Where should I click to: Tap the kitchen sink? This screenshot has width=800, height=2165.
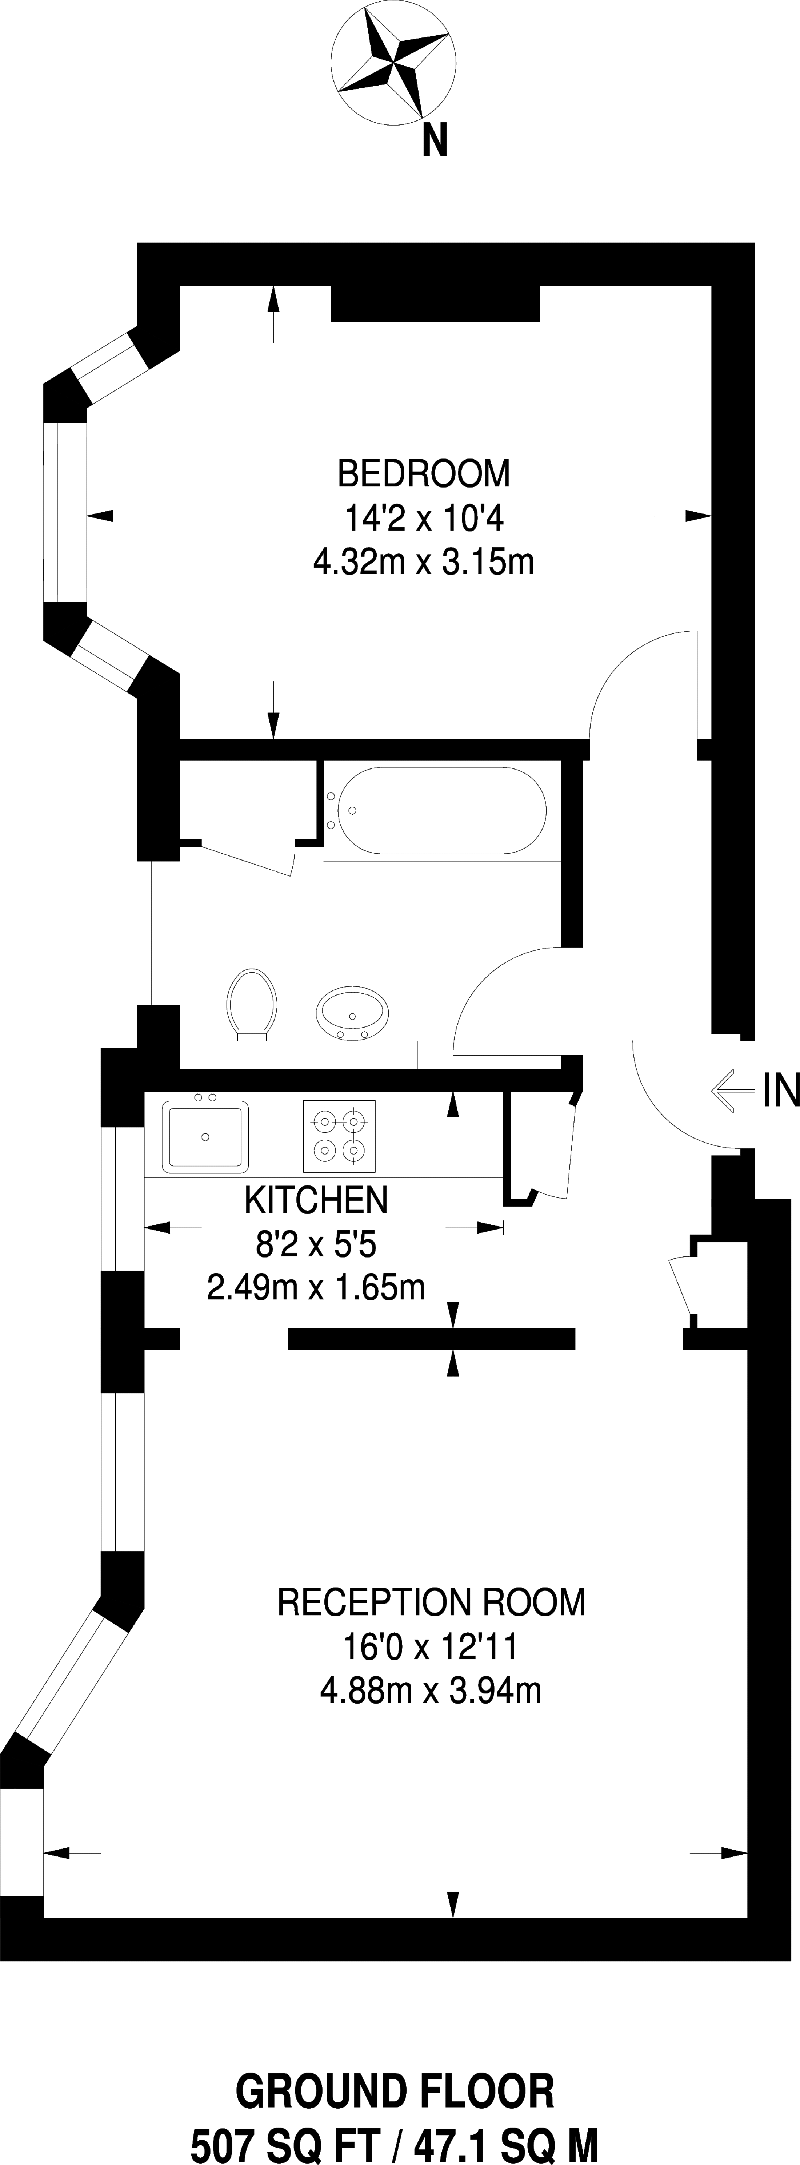207,1136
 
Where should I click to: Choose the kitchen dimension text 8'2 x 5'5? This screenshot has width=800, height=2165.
316,1244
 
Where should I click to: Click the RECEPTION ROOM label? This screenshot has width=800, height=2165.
431,1603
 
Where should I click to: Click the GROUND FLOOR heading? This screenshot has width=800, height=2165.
395,2092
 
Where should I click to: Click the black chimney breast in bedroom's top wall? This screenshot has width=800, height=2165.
435,303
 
